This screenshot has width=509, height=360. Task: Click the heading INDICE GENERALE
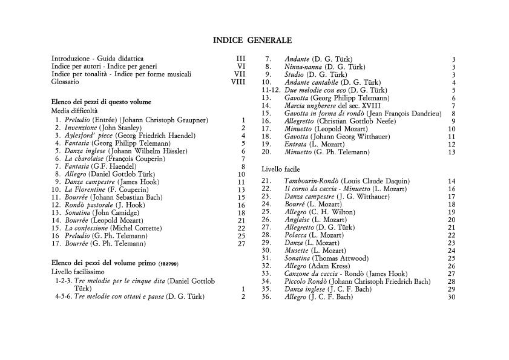252,41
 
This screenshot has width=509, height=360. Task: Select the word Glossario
65,82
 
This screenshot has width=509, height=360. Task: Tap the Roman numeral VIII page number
238,82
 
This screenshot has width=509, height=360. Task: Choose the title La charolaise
84,159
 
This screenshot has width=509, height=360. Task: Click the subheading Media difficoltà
74,111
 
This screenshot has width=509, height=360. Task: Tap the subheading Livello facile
280,169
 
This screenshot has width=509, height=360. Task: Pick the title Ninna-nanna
303,67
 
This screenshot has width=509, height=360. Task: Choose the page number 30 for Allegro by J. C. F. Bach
452,297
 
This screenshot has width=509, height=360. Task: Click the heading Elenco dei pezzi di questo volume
101,102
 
